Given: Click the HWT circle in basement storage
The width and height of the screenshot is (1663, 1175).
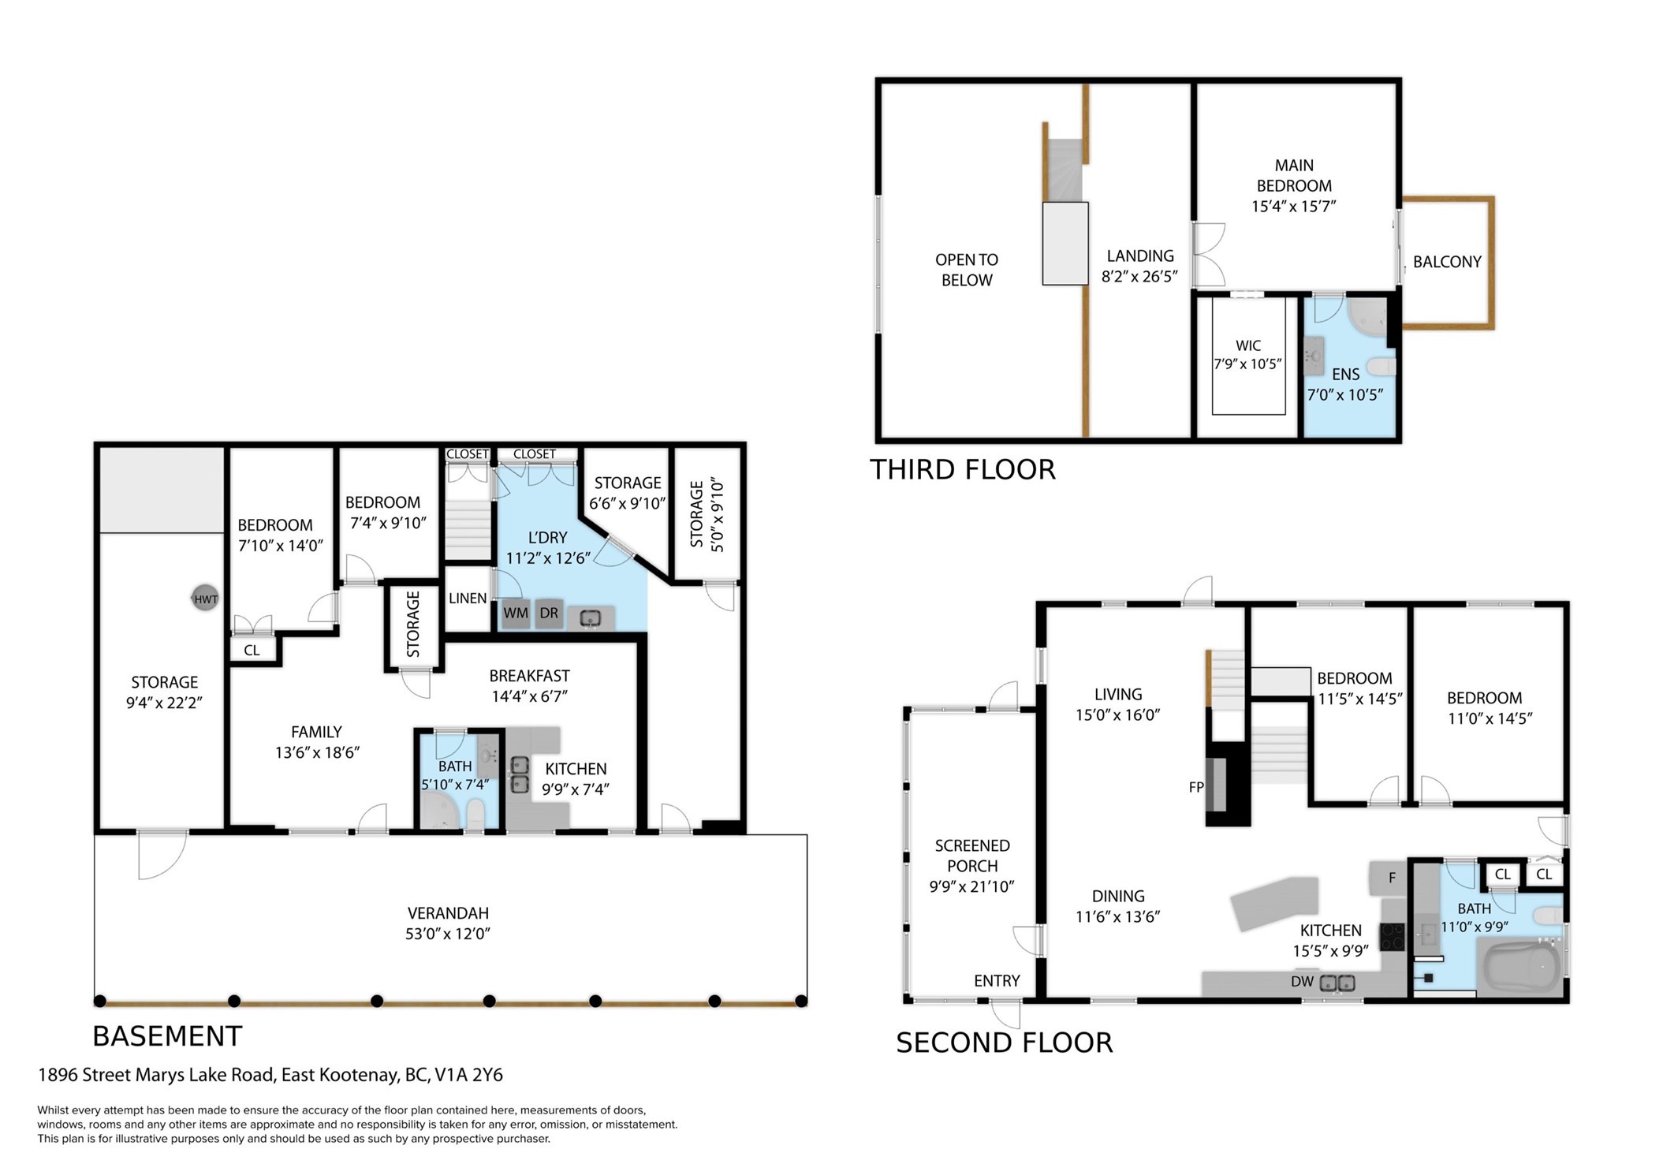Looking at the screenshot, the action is pos(206,599).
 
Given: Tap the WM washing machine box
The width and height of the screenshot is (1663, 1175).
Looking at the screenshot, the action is pos(516,614).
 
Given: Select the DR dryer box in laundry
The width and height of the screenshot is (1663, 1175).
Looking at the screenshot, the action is pos(549,614).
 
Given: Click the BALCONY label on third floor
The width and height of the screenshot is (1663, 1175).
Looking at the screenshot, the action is pos(1447,262).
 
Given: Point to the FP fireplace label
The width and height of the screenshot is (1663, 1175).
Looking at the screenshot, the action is pos(1196,787).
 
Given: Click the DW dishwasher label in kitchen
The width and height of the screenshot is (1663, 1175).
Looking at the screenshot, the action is pos(1302,982).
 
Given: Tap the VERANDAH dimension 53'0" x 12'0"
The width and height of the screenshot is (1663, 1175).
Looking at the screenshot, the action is pos(448,934).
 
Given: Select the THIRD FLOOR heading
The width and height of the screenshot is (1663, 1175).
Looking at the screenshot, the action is pos(962,469).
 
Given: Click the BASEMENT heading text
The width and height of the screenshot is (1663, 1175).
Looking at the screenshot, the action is pos(167,1035).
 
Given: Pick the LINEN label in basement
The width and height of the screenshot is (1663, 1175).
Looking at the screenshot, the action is pos(468,599).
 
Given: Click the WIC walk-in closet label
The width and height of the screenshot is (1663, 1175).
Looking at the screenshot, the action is pos(1247,345).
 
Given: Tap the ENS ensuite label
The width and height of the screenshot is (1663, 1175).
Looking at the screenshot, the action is pos(1345,375).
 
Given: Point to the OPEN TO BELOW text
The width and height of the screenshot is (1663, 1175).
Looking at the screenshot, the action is pos(967,270).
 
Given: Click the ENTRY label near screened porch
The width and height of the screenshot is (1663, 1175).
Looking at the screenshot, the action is pos(997,981).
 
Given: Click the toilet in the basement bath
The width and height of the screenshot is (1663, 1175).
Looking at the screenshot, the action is pos(475,814).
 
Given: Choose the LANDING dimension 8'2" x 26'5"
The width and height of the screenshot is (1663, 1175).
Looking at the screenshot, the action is pos(1139,277).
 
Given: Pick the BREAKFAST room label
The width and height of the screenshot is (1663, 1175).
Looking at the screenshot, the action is pos(529,676).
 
